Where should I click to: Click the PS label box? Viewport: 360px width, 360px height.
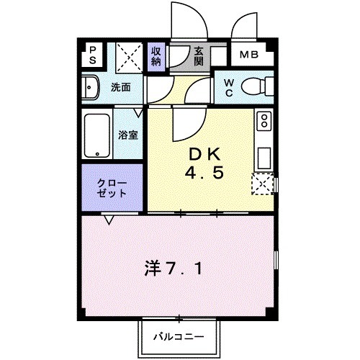[x=93, y=55]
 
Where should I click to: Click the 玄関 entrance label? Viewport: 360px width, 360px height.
[x=200, y=55]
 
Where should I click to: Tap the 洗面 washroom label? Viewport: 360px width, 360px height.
[x=121, y=87]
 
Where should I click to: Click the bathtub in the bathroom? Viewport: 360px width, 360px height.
[x=96, y=134]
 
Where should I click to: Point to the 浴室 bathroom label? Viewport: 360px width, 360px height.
[x=129, y=135]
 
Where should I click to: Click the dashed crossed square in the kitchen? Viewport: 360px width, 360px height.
[x=263, y=184]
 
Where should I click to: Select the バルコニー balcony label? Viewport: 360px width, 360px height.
[x=176, y=336]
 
